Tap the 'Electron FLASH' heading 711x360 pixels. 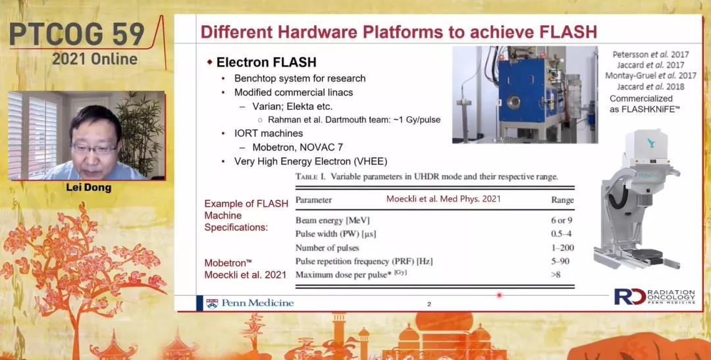click(x=266, y=62)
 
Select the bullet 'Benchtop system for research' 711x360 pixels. click(x=300, y=78)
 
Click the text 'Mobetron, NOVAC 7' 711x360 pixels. click(x=298, y=147)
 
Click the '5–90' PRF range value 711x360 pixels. click(x=559, y=261)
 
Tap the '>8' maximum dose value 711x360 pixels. click(x=556, y=274)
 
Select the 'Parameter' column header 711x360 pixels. click(x=313, y=200)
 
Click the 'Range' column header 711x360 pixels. click(x=562, y=200)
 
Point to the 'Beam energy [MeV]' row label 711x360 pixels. click(x=332, y=221)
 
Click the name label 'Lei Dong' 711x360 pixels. click(x=88, y=188)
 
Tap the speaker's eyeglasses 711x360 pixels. click(x=94, y=148)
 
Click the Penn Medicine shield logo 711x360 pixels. click(x=212, y=303)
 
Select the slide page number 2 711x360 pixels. click(x=429, y=304)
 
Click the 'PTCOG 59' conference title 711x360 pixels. click(x=76, y=34)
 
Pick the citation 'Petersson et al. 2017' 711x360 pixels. click(x=650, y=55)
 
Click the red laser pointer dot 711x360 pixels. click(x=499, y=295)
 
